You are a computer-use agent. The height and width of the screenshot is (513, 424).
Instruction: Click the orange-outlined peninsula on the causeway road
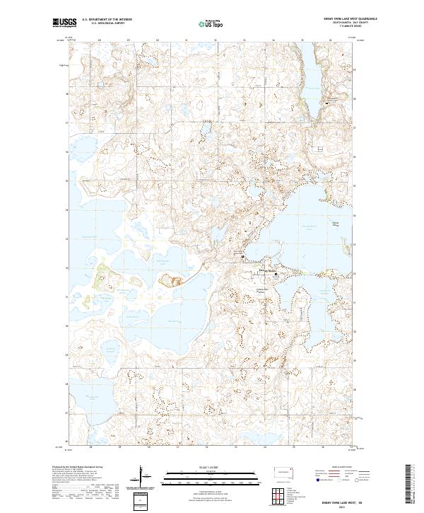pos(171,280)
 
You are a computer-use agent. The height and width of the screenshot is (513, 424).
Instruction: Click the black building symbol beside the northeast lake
pos(326,104)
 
